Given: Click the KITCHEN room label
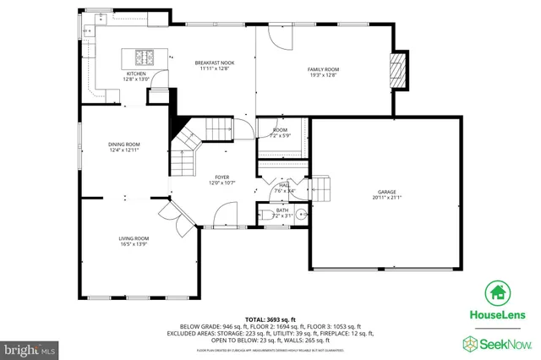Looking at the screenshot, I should click(x=136, y=74).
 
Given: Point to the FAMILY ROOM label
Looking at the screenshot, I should click(x=322, y=68).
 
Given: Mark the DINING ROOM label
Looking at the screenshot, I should click(x=123, y=145).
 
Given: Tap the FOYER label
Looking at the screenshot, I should click(x=221, y=177).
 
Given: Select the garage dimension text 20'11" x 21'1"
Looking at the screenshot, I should click(x=387, y=198).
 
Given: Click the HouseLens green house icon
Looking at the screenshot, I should click(x=498, y=293).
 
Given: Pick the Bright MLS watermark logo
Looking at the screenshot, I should click(x=30, y=348).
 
